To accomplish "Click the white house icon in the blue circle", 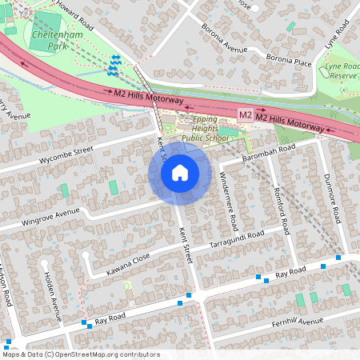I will [179, 173].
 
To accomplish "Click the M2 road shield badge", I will [246, 116].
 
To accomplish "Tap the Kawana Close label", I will [128, 258].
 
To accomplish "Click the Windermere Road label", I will [229, 200].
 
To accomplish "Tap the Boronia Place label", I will [289, 62].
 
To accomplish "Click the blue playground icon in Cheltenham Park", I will [114, 63].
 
